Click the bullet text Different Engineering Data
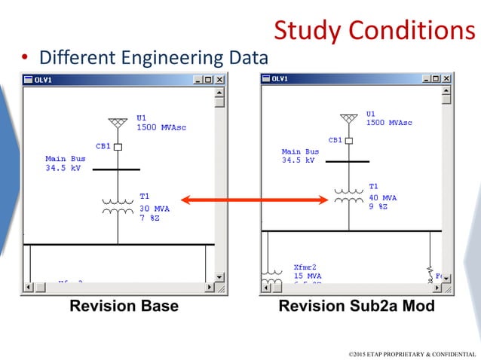pos(153,57)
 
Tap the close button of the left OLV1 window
pos(219,79)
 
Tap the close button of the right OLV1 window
pos(447,78)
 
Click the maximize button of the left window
pos(208,79)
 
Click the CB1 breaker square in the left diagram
pos(118,147)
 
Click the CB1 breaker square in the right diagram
pos(349,140)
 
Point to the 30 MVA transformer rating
pos(155,208)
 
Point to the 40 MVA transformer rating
pos(383,197)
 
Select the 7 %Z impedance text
pos(149,218)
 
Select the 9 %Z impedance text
pos(378,206)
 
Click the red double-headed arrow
pos(256,200)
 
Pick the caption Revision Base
pos(124,307)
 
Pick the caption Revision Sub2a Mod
pos(357,307)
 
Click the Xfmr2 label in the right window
pos(304,267)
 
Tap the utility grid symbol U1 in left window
pos(118,123)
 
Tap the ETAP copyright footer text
pos(412,353)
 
